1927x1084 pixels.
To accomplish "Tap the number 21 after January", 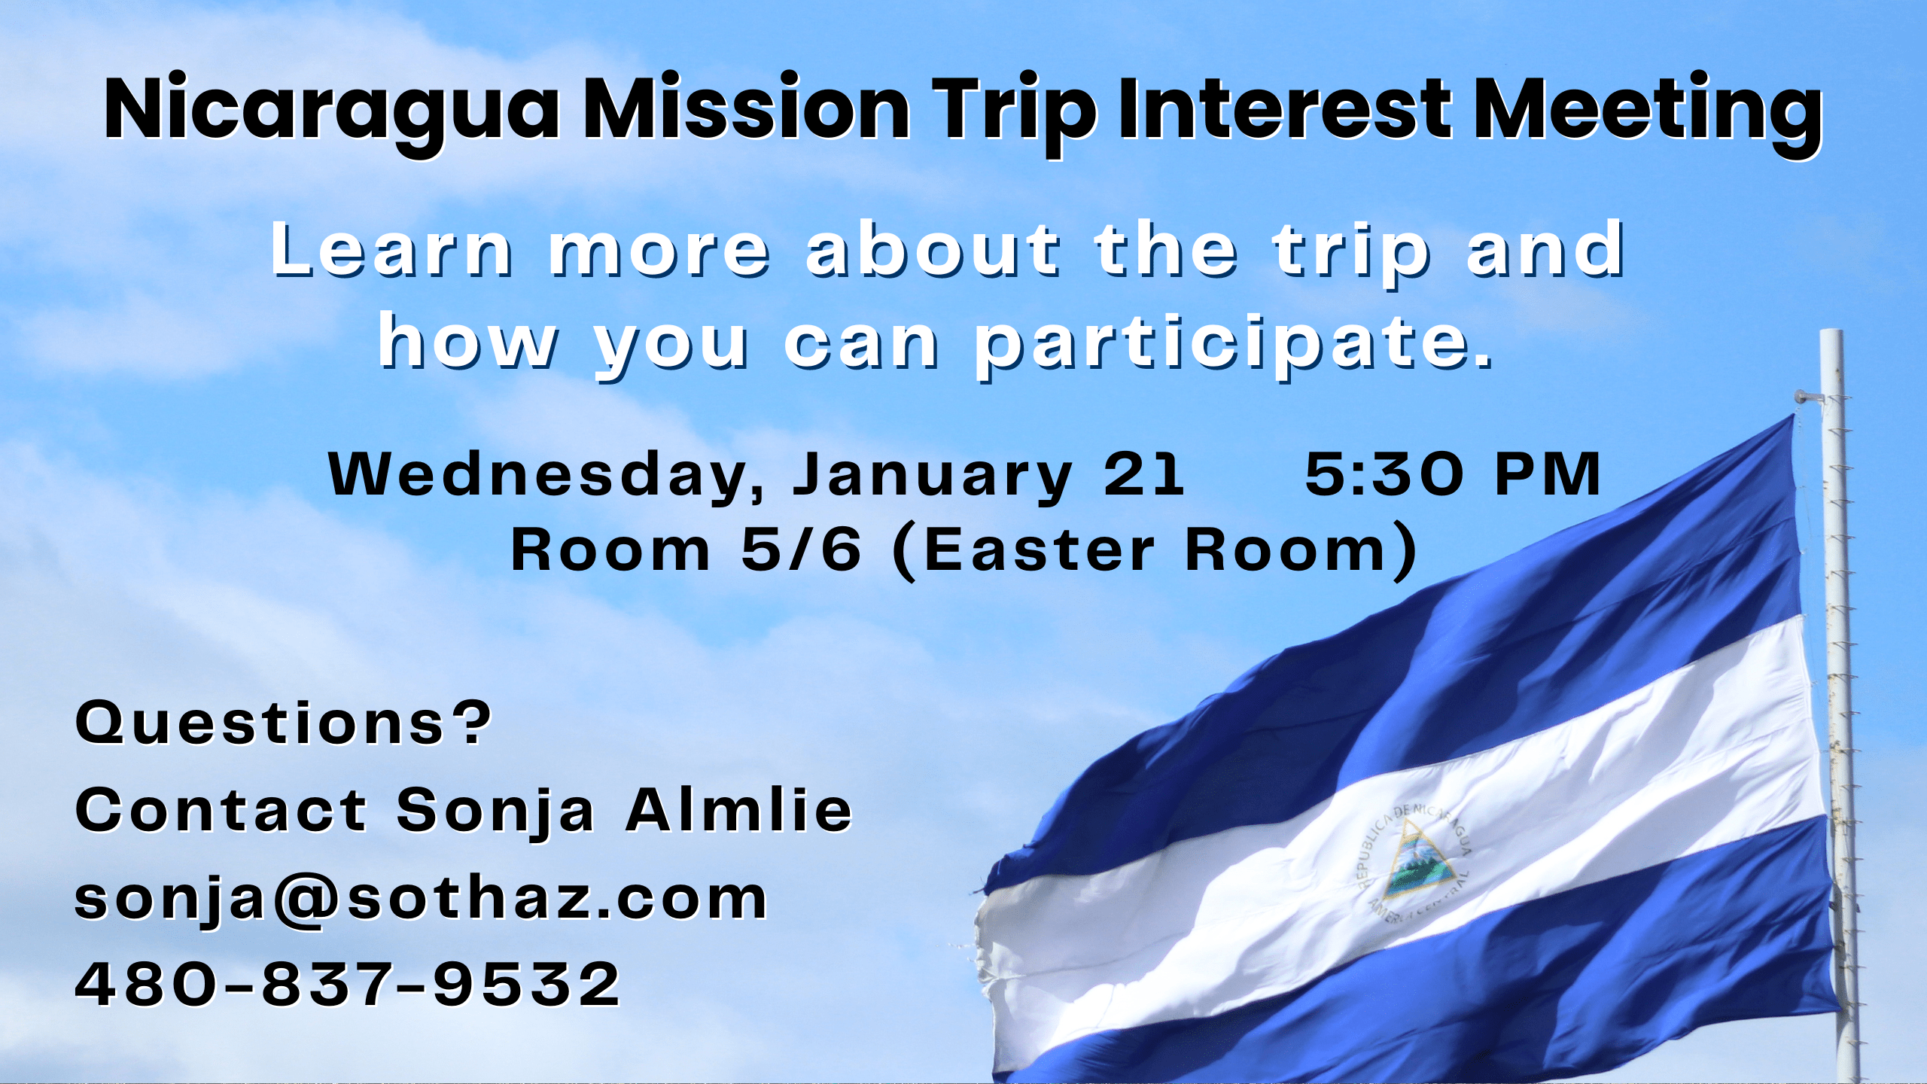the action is [1143, 474].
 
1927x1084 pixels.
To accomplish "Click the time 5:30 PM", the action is [1453, 474].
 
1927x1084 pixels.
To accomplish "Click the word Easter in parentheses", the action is [1038, 550].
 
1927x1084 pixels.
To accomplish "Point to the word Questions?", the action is [283, 723].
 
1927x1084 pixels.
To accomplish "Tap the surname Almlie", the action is [739, 809].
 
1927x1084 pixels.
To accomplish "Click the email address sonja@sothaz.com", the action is [421, 900].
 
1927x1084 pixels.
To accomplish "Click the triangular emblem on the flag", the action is [1418, 858].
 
